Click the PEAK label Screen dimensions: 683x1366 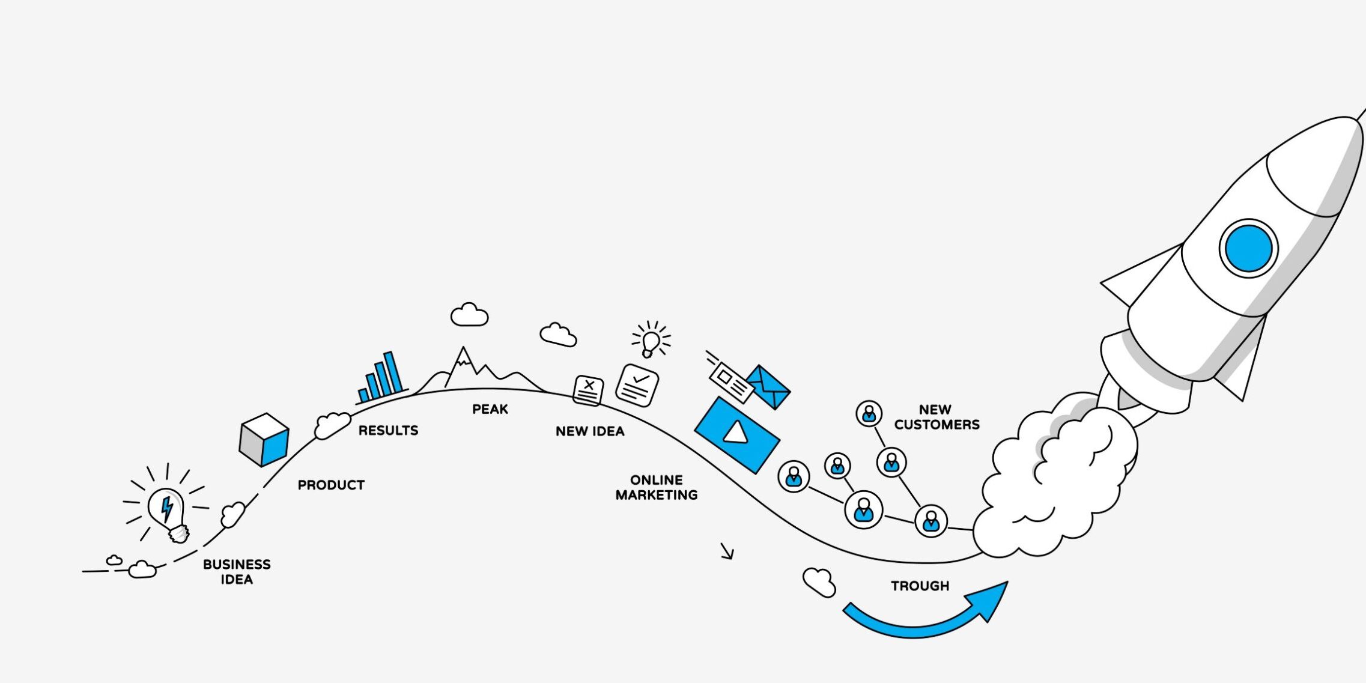[490, 409]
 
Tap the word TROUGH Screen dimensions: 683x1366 [920, 586]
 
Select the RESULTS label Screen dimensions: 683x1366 [388, 430]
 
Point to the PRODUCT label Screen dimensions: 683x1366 [331, 485]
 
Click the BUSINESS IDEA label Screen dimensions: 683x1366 [237, 572]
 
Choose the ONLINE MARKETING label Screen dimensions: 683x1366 [657, 487]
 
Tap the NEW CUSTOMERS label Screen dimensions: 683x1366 [936, 417]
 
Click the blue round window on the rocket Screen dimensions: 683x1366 [1248, 248]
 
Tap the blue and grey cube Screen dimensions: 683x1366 [264, 439]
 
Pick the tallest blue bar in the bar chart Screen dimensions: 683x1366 [393, 372]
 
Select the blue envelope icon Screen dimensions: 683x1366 [768, 386]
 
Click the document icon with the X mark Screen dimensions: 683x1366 [589, 390]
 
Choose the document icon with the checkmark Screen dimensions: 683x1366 [637, 385]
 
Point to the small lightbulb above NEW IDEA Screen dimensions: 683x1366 [651, 342]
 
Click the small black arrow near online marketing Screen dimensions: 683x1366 [727, 551]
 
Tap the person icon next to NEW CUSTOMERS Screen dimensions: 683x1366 [869, 414]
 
